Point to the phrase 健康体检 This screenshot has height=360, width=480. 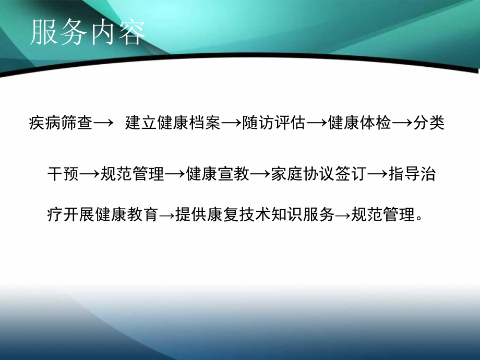(360, 124)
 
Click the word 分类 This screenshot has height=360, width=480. (429, 124)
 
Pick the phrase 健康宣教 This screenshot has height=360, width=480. (218, 175)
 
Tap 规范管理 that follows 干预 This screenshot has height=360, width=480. (131, 175)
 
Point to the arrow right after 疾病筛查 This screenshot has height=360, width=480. (103, 124)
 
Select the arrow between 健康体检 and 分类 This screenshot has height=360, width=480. (402, 124)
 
